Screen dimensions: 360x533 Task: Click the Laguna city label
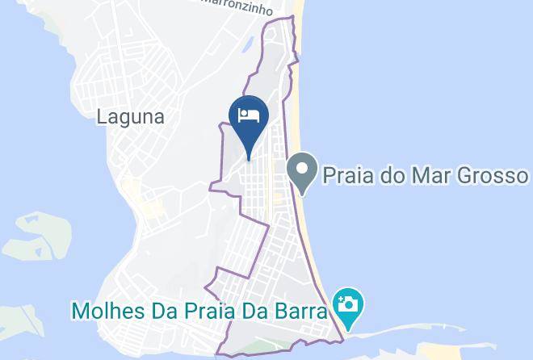pyautogui.click(x=130, y=116)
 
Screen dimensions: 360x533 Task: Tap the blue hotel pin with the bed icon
pyautogui.click(x=248, y=118)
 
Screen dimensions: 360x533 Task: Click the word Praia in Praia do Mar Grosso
pyautogui.click(x=349, y=175)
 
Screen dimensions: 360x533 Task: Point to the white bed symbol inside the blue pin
pyautogui.click(x=248, y=114)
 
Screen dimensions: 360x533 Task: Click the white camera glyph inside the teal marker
pyautogui.click(x=349, y=304)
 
